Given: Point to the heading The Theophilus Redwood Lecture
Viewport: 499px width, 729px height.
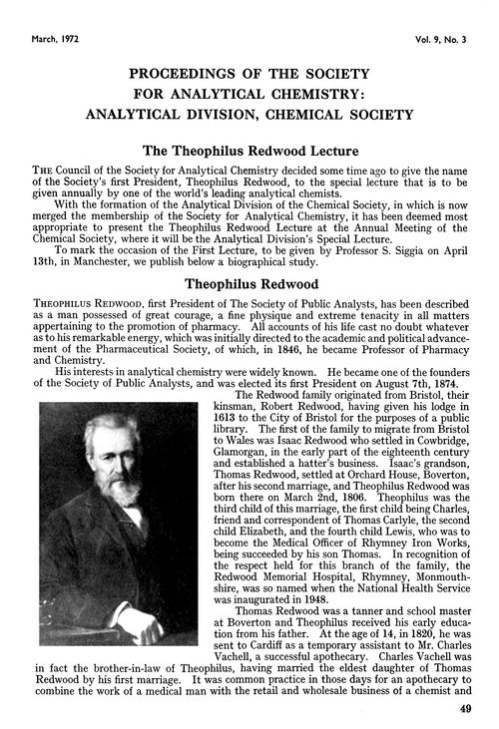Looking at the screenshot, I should (249, 151).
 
